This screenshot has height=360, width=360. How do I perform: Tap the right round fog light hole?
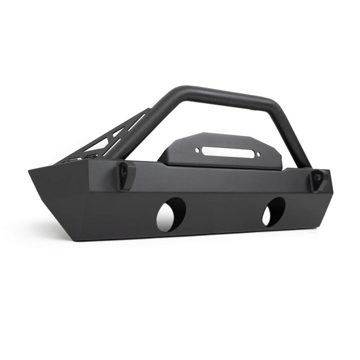[274, 211]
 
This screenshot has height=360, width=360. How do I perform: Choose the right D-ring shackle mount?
[319, 178]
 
